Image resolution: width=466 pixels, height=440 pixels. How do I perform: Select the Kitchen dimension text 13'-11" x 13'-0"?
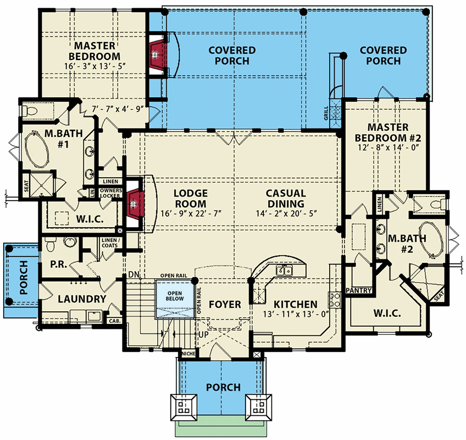(289, 315)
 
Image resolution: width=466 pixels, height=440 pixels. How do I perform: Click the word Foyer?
(225, 304)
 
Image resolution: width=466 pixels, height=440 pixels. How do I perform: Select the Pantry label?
(360, 290)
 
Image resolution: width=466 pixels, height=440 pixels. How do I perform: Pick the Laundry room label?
(82, 299)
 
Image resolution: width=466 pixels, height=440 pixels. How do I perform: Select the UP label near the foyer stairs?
(203, 334)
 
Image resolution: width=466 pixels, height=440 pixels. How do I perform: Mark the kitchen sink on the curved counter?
(284, 270)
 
